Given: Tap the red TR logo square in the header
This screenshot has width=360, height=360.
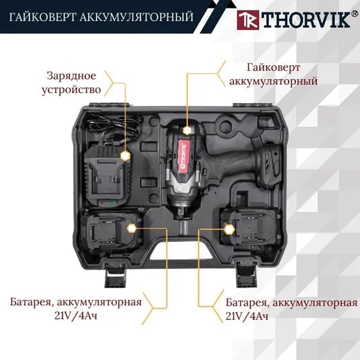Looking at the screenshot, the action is tap(248, 20).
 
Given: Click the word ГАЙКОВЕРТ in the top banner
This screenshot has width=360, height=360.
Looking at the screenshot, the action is tap(42, 18).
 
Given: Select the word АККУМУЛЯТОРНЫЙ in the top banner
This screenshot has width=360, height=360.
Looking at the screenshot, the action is tap(136, 18).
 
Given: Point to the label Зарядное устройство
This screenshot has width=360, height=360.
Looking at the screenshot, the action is tap(71, 83).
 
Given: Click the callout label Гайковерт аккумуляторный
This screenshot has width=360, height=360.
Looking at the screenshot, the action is tap(274, 74).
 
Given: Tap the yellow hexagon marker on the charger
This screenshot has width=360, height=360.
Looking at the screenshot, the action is tap(125, 156).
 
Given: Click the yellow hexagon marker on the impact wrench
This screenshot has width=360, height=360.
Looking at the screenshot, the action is tap(187, 130).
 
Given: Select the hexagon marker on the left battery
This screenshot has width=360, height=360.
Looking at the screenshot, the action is tap(131, 229).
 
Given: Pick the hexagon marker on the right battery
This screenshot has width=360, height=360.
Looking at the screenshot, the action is tap(229, 229).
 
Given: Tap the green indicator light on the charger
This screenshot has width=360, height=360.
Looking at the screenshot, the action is tap(113, 203).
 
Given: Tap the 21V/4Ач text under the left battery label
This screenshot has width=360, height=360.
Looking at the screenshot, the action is tap(76, 316).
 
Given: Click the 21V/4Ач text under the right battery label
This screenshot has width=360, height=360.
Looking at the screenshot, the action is tap(247, 316).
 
